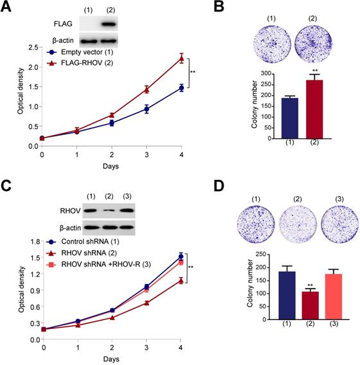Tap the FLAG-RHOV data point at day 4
pyautogui.click(x=181, y=58)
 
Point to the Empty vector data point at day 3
pyautogui.click(x=147, y=109)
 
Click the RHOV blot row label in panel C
pyautogui.click(x=67, y=210)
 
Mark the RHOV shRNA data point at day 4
pyautogui.click(x=183, y=280)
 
